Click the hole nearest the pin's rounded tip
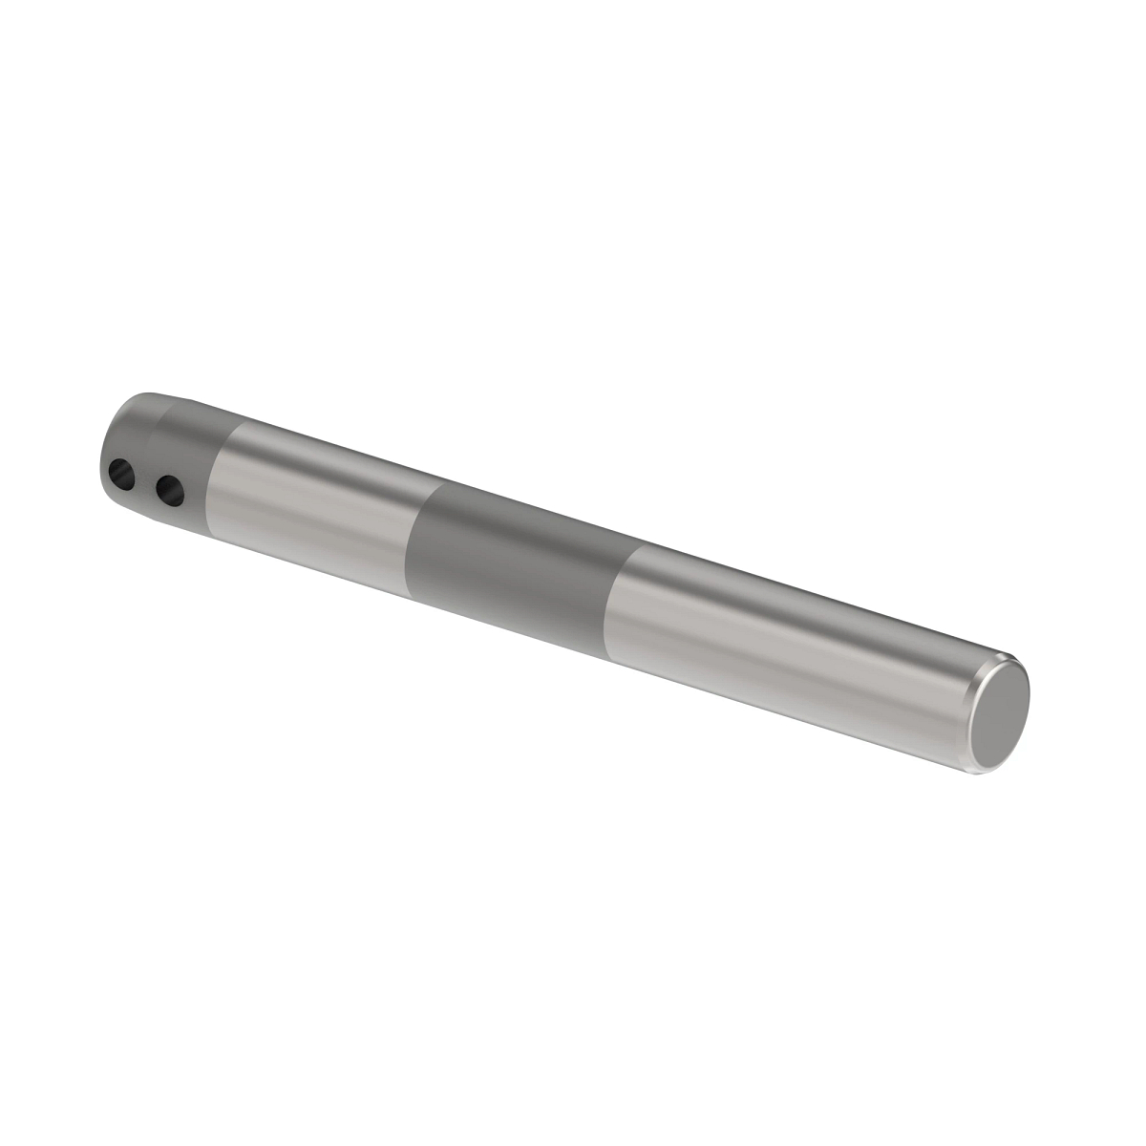pos(121,472)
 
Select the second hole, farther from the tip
pos(170,491)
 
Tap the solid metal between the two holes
pos(145,480)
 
